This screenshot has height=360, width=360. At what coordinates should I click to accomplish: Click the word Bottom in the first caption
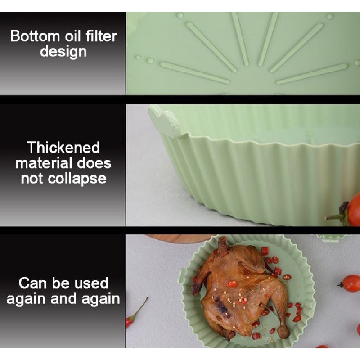(x=35, y=36)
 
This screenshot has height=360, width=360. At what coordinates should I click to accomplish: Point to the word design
(x=63, y=52)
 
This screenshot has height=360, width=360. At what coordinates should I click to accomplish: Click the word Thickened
(x=63, y=148)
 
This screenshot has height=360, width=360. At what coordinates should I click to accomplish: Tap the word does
(x=94, y=163)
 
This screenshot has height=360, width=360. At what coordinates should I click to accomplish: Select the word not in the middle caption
(x=32, y=179)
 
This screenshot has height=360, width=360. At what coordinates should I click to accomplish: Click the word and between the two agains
(x=63, y=299)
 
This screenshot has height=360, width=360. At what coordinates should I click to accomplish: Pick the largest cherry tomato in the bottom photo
(x=350, y=283)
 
